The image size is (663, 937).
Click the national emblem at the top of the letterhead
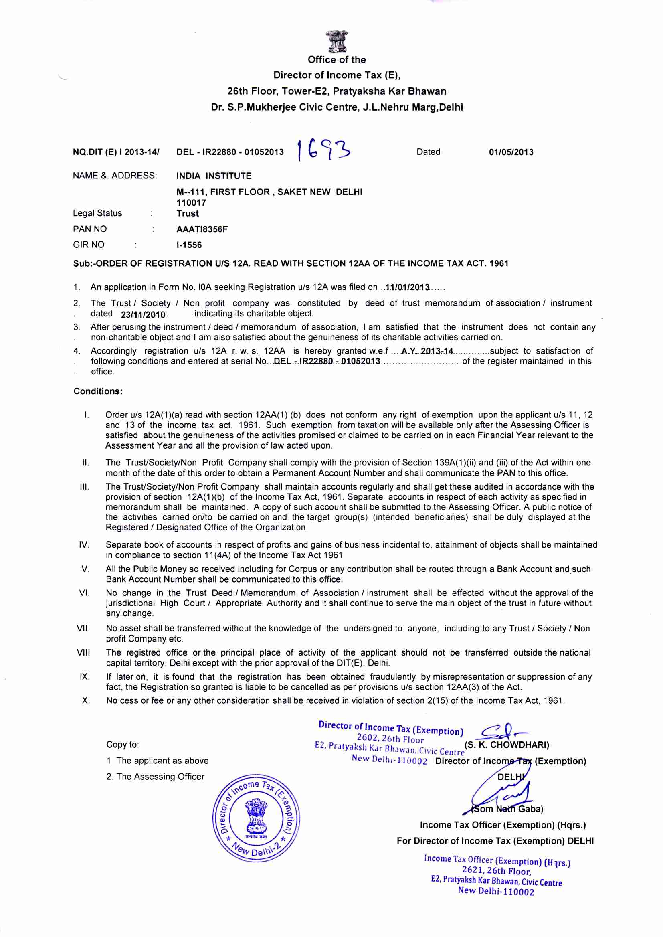[x=337, y=41]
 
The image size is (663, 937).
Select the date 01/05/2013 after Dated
[x=511, y=152]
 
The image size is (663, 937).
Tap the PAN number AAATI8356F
[x=202, y=229]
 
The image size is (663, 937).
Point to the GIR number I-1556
[x=189, y=245]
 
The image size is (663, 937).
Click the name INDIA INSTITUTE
[x=214, y=176]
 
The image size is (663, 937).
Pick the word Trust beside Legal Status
[x=187, y=213]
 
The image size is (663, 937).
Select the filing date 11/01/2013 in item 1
[x=406, y=287]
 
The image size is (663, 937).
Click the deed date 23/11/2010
[x=143, y=314]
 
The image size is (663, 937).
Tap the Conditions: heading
[x=98, y=391]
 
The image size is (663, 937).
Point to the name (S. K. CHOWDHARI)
[x=507, y=745]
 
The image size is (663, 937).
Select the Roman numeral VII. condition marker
[x=83, y=629]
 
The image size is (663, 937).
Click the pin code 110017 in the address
[x=191, y=203]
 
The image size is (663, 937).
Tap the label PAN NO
[x=89, y=229]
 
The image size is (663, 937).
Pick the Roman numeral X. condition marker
[x=86, y=700]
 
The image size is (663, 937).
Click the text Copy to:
[x=123, y=745]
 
